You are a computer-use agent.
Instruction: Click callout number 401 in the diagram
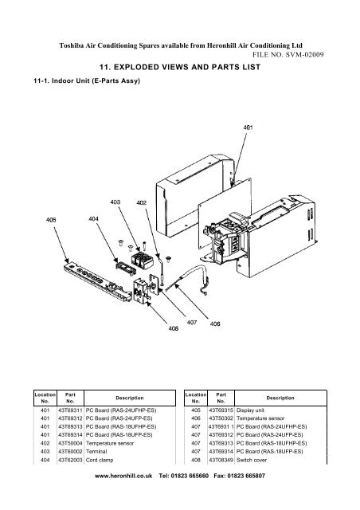point(248,126)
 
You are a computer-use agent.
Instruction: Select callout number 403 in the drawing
point(116,203)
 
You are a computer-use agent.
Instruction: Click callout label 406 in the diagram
point(214,324)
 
